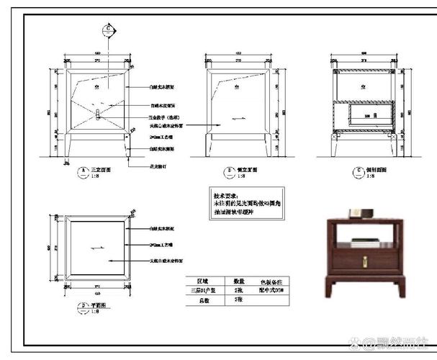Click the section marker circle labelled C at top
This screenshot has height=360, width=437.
[x=108, y=29]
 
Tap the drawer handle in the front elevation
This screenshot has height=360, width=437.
[x=98, y=114]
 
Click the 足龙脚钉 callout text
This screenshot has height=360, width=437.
[x=160, y=165]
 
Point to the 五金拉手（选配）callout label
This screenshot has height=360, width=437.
[x=165, y=117]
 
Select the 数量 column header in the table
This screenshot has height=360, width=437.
[x=239, y=281]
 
